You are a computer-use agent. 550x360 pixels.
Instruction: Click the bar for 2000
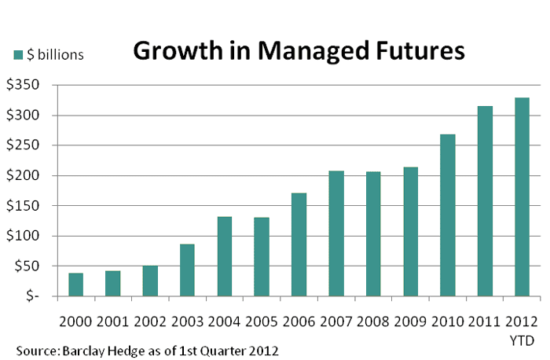point(75,285)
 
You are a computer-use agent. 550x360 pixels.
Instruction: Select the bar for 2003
point(187,270)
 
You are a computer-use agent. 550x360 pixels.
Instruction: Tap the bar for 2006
point(299,244)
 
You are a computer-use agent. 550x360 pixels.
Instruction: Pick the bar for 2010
point(448,215)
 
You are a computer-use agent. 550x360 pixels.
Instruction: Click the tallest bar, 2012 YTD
point(522,197)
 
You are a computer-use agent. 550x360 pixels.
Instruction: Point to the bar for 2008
point(373,234)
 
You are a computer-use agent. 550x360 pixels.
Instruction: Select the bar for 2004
point(225,256)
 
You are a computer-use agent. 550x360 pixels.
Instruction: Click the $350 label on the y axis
point(23,85)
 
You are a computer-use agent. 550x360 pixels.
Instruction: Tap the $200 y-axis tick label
point(23,175)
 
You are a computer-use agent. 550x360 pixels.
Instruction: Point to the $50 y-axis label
point(27,266)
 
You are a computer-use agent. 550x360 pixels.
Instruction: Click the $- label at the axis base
point(32,296)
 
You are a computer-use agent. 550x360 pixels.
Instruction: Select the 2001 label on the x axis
point(112,321)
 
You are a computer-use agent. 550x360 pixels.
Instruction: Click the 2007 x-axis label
point(335,321)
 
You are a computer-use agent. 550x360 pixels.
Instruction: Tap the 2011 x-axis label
point(485,321)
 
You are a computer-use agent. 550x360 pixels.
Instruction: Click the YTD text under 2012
point(522,340)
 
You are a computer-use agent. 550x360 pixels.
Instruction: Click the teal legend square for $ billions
point(18,55)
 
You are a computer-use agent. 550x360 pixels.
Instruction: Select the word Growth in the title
point(178,51)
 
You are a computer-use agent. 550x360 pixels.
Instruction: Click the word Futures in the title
point(420,51)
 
